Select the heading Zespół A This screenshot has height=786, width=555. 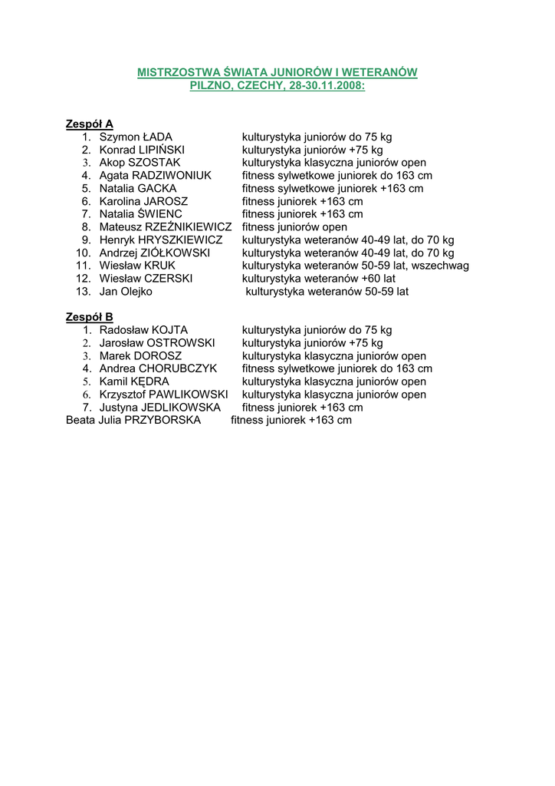pos(90,124)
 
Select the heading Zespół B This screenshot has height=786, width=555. pos(90,317)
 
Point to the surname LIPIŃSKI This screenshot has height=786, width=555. pos(162,150)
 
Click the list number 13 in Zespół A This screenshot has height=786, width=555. pos(84,292)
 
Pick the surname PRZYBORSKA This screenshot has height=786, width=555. pos(163,420)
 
